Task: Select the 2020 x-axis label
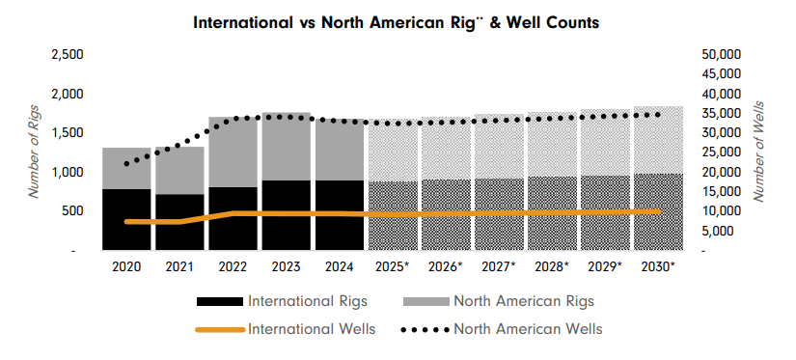click(126, 266)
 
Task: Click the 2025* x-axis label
click(393, 266)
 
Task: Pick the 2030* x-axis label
click(658, 266)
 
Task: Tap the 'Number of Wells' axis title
click(759, 151)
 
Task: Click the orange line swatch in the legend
click(221, 329)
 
